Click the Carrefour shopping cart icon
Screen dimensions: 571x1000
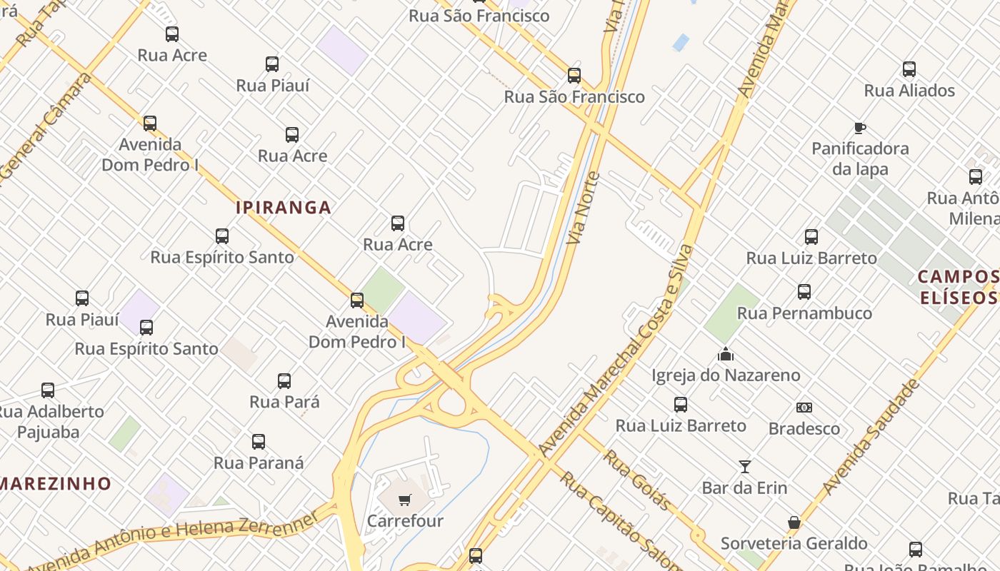tap(405, 500)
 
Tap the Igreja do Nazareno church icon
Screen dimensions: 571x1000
tap(726, 354)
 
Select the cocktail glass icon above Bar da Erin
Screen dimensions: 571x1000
tap(745, 467)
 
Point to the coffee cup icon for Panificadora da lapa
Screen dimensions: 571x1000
tap(860, 128)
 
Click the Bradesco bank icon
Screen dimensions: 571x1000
tap(804, 408)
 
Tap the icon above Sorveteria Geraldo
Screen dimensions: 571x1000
tap(794, 522)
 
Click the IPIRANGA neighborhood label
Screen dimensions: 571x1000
tap(284, 208)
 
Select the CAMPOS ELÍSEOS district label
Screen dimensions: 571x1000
tap(958, 287)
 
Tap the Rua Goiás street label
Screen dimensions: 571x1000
tap(638, 480)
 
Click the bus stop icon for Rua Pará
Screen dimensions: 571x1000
tap(284, 381)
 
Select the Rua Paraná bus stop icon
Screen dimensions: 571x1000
tap(259, 442)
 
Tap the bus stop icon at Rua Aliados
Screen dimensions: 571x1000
tap(909, 69)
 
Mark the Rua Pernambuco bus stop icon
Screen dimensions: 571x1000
tap(804, 292)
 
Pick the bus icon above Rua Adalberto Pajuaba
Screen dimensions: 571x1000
tap(48, 390)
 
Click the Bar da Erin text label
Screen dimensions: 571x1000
tap(744, 488)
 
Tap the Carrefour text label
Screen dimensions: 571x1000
tap(405, 521)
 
